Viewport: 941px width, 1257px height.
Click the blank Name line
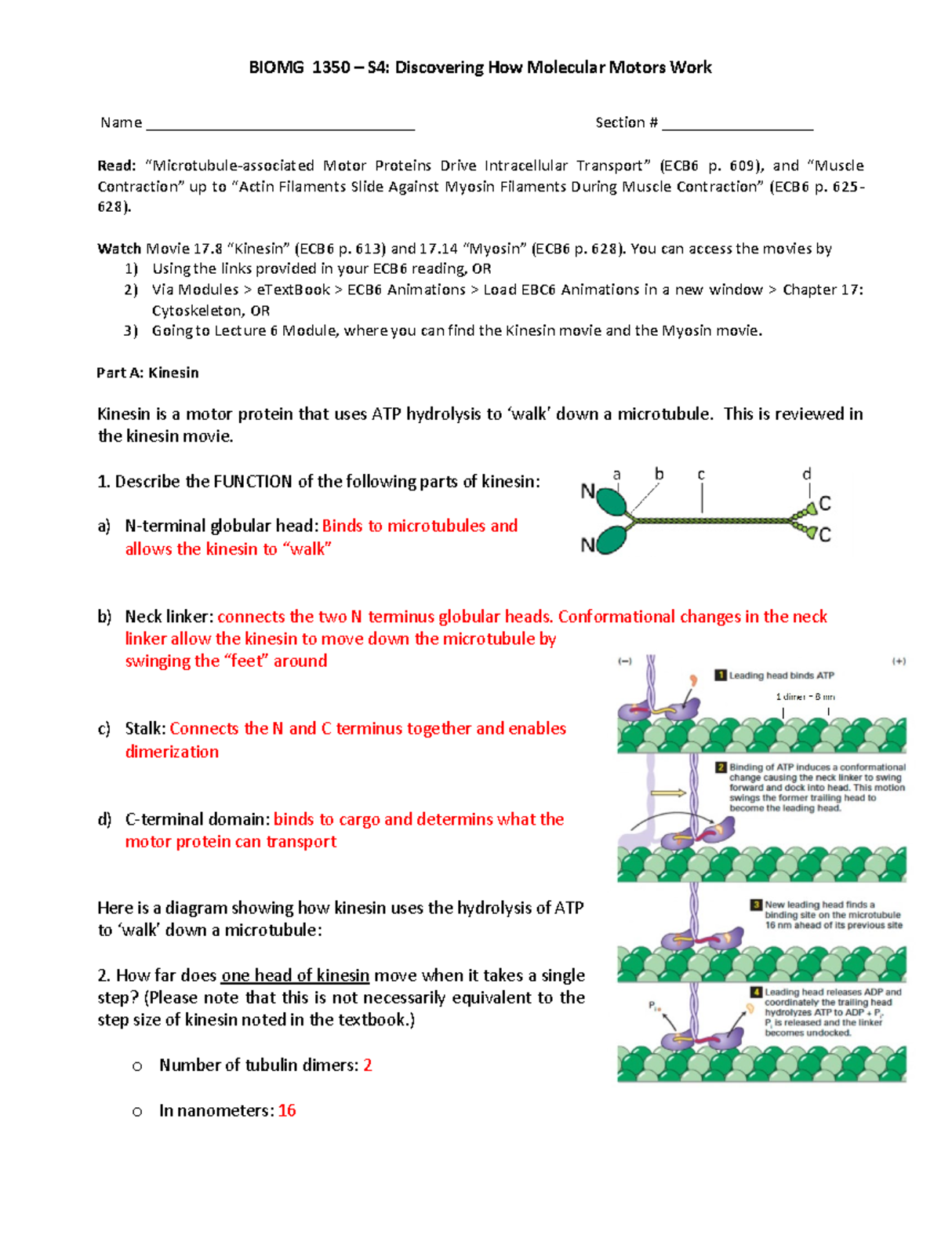click(280, 126)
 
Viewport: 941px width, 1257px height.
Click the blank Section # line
click(737, 126)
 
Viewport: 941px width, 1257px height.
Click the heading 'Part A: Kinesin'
click(147, 373)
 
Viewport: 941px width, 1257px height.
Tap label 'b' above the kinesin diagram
click(659, 474)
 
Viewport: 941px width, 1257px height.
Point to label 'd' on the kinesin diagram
click(806, 474)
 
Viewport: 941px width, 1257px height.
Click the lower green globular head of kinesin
click(612, 540)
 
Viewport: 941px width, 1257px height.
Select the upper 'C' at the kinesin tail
click(825, 503)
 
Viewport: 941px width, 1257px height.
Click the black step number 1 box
click(720, 675)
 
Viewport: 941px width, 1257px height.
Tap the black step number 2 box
click(721, 767)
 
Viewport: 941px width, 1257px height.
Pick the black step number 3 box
click(756, 905)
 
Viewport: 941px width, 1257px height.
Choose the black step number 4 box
click(756, 992)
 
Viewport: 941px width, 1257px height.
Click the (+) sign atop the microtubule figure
click(899, 661)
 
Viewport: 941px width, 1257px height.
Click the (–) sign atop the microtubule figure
click(625, 661)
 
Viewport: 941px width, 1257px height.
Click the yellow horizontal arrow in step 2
click(668, 793)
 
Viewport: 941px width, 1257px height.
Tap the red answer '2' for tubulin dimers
click(368, 1066)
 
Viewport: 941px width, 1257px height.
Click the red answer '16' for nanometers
click(287, 1111)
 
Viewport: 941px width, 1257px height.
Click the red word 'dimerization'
click(172, 752)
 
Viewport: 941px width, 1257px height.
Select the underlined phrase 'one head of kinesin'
click(295, 975)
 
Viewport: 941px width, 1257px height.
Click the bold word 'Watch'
click(119, 249)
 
